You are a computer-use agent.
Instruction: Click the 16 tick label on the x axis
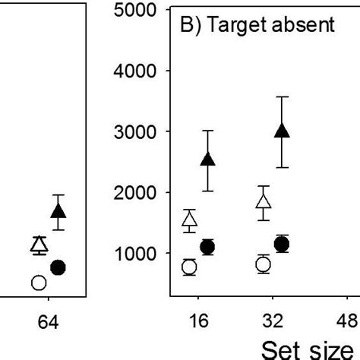(x=198, y=321)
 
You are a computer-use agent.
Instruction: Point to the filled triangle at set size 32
(x=282, y=131)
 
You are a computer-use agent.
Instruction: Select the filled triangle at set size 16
(x=207, y=159)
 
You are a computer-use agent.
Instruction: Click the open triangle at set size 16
(x=190, y=221)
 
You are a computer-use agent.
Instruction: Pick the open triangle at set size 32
(x=264, y=202)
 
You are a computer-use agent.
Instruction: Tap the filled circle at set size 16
(x=207, y=247)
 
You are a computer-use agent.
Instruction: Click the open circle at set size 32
(x=264, y=264)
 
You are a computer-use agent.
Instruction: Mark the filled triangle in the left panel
(x=58, y=211)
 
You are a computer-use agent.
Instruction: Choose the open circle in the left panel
(x=39, y=283)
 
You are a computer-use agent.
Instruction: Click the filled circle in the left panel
(x=58, y=267)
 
